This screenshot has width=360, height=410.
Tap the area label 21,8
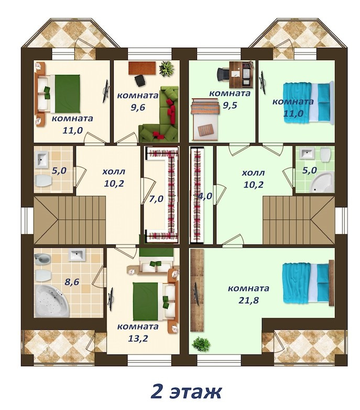pyautogui.click(x=248, y=300)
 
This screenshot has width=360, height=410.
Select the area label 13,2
pyautogui.click(x=138, y=338)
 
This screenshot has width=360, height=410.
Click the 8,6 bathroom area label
pyautogui.click(x=72, y=282)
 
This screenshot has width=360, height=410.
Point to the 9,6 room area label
pyautogui.click(x=138, y=107)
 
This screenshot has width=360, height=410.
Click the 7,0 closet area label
pyautogui.click(x=156, y=199)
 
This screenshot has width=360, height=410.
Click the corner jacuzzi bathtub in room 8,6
pyautogui.click(x=52, y=301)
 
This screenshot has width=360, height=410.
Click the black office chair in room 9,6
pyautogui.click(x=140, y=80)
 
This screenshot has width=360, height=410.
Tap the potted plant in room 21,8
pyautogui.click(x=201, y=344)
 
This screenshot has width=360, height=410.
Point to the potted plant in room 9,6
pyautogui.click(x=167, y=68)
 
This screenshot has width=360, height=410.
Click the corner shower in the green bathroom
pyautogui.click(x=321, y=182)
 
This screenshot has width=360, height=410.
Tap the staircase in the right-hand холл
pyautogui.click(x=299, y=220)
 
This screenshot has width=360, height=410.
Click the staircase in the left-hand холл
pyautogui.click(x=70, y=220)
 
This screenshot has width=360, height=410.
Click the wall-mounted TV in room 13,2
pyautogui.click(x=111, y=299)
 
